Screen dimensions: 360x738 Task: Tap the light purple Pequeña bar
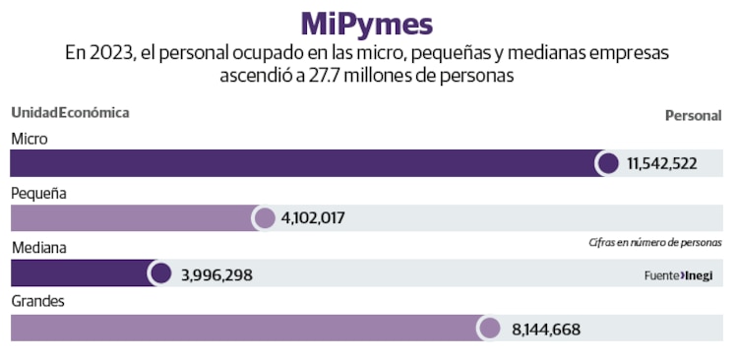pos(133,218)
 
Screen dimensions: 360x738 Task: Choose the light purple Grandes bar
pos(246,329)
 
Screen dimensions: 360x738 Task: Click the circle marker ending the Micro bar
pos(608,163)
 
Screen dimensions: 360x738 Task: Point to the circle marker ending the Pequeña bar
pos(264,218)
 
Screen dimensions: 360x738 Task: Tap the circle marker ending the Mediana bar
pos(159,273)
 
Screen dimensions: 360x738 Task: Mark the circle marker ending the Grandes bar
pos(489,329)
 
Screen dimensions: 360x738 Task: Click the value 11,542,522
pos(662,163)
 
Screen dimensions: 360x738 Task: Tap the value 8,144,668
pos(546,330)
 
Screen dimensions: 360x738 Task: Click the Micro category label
pos(30,139)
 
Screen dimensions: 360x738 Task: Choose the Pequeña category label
pos(38,194)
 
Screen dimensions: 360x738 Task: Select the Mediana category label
pos(38,249)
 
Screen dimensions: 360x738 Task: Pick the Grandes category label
pos(37,301)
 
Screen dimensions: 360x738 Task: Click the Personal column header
pos(693,116)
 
